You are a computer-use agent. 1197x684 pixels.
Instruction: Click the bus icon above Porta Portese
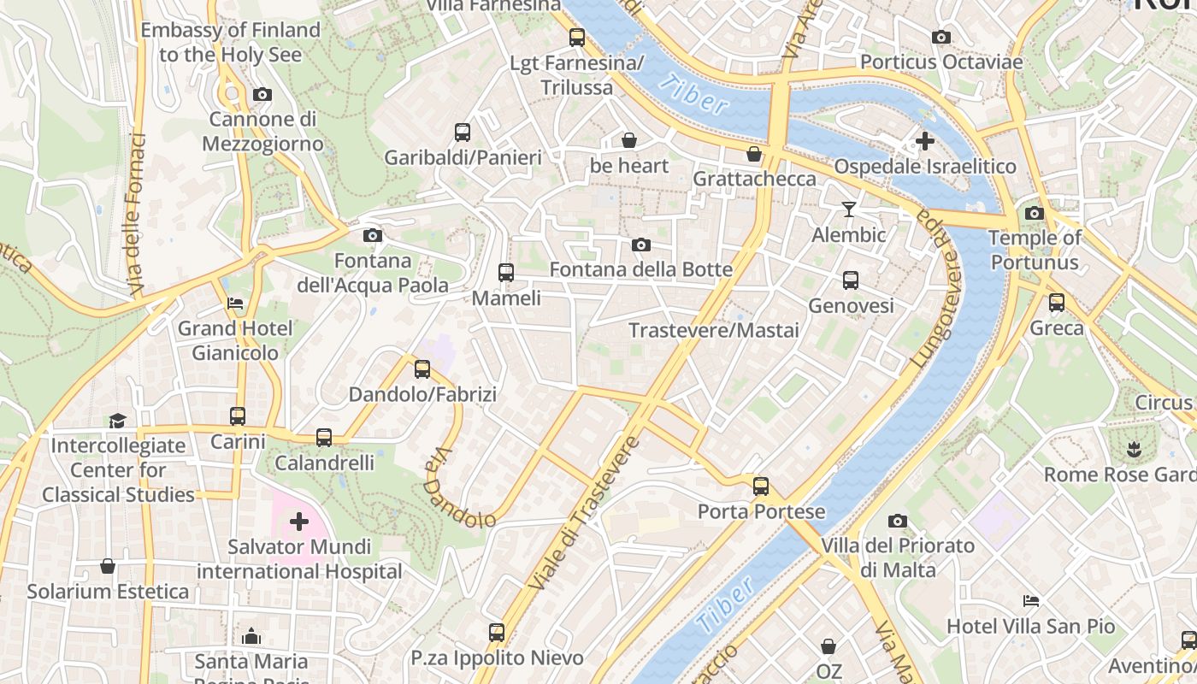761,486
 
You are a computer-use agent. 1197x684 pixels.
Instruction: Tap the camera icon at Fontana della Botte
641,245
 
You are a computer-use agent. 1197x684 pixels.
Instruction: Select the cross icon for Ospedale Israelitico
924,141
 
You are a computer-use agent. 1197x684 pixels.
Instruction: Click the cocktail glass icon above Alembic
848,209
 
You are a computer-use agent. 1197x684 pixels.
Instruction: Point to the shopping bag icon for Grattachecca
754,154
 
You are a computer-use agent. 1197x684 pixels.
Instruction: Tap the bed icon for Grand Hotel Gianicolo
235,304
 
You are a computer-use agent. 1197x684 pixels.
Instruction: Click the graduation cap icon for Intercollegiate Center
117,421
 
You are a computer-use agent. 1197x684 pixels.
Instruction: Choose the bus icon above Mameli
506,273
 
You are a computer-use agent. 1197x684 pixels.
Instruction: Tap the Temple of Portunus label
1035,250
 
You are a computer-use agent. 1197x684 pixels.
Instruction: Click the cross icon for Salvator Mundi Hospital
299,521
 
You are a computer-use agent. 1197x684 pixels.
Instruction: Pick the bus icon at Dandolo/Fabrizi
422,369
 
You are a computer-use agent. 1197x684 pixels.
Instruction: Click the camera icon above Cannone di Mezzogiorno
262,95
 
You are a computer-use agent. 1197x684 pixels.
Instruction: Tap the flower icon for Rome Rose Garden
1134,449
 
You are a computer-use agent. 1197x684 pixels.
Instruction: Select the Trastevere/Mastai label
714,330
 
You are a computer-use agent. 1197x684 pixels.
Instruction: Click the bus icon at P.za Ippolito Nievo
497,633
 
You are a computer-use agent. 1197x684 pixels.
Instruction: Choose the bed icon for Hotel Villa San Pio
1031,601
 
